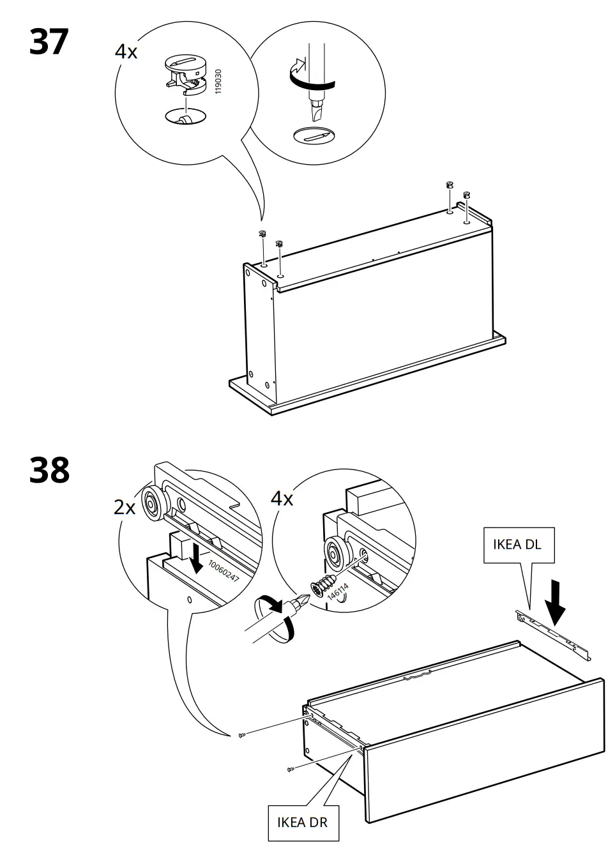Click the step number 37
click(49, 42)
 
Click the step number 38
click(49, 471)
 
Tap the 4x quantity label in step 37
click(126, 52)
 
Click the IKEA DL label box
click(518, 545)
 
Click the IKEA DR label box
click(302, 821)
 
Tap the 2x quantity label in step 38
click(125, 508)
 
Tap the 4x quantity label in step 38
click(282, 499)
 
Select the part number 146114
click(338, 595)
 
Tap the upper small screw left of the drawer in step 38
click(241, 736)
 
